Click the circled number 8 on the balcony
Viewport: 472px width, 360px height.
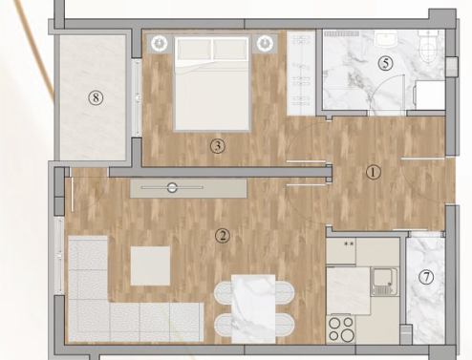point(96,97)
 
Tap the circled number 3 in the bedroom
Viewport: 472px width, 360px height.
point(218,146)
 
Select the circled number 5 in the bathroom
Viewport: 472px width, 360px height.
point(385,63)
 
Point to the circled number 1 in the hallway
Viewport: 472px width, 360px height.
point(373,173)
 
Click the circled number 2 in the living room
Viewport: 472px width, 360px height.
point(223,236)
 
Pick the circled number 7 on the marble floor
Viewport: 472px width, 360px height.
point(426,277)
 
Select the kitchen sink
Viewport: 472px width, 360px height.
point(384,282)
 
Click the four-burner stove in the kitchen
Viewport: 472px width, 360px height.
point(341,328)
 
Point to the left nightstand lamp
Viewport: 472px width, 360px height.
point(160,43)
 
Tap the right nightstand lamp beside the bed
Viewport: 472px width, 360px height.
point(264,43)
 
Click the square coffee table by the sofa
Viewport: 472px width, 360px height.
point(150,265)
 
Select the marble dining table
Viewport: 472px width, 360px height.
point(253,308)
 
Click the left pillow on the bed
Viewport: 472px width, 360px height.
point(194,50)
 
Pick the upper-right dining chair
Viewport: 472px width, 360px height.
point(285,292)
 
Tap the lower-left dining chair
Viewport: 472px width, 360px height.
point(223,324)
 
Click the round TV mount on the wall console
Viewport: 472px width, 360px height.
point(172,188)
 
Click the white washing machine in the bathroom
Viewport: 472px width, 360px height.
point(429,95)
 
